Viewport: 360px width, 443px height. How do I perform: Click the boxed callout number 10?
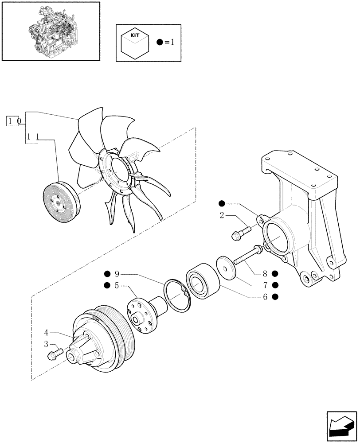pyautogui.click(x=12, y=120)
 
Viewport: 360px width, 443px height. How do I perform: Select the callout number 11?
pyautogui.click(x=32, y=137)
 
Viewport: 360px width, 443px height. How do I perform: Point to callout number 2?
pyautogui.click(x=222, y=216)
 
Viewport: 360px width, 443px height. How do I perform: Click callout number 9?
pyautogui.click(x=117, y=273)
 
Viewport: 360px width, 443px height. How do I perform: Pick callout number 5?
pyautogui.click(x=117, y=286)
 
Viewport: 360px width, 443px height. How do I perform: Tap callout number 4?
pyautogui.click(x=47, y=331)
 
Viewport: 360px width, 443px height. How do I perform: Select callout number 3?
pyautogui.click(x=46, y=344)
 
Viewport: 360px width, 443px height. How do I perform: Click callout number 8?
pyautogui.click(x=265, y=273)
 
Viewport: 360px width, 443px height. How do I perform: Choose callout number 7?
pyautogui.click(x=265, y=285)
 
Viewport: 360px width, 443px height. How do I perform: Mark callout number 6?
pyautogui.click(x=265, y=297)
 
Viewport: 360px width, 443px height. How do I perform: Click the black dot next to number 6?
pyautogui.click(x=275, y=297)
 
